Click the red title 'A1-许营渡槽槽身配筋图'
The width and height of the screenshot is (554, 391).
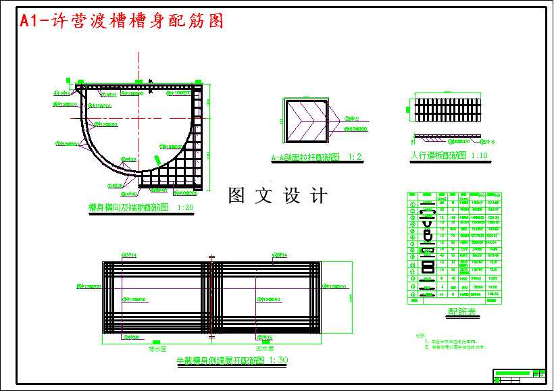tap(122, 21)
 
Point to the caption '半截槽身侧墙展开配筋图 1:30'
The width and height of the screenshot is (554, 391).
tap(232, 361)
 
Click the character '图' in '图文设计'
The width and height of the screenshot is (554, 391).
tap(237, 196)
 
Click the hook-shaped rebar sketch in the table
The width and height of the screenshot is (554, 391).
tap(426, 236)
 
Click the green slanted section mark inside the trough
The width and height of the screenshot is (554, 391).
tap(157, 159)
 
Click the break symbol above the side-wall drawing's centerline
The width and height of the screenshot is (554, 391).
tap(211, 257)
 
